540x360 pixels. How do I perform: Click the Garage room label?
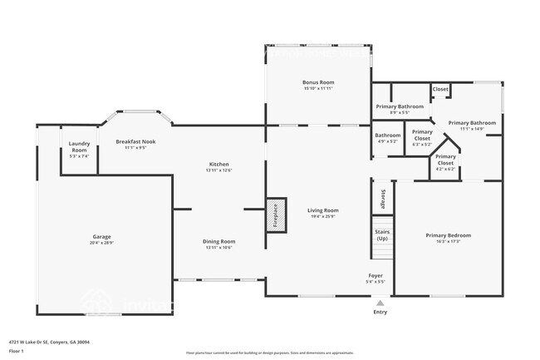pyautogui.click(x=101, y=236)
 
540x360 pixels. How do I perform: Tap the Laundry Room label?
pyautogui.click(x=79, y=147)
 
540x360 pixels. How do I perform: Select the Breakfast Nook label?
pyautogui.click(x=135, y=141)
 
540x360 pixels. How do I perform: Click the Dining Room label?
pyautogui.click(x=218, y=241)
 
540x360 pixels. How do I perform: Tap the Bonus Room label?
pyautogui.click(x=317, y=82)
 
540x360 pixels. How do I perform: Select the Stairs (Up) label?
pyautogui.click(x=381, y=234)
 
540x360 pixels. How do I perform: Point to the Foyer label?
pyautogui.click(x=376, y=274)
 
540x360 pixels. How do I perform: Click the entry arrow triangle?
pyautogui.click(x=380, y=303)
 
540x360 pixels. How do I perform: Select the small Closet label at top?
pyautogui.click(x=440, y=89)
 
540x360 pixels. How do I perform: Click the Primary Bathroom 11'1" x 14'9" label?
pyautogui.click(x=472, y=123)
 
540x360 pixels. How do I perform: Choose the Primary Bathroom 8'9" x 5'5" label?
pyautogui.click(x=400, y=106)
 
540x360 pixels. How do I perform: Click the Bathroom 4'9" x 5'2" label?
pyautogui.click(x=388, y=135)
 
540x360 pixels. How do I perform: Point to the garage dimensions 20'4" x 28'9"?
pyautogui.click(x=101, y=243)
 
